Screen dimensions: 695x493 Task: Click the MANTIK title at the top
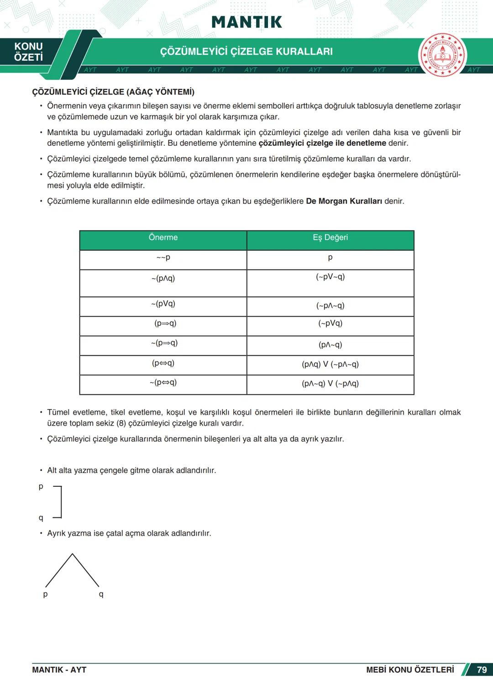(x=246, y=22)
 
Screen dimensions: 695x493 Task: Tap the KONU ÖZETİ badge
(x=28, y=52)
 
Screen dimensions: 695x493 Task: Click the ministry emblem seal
(x=442, y=55)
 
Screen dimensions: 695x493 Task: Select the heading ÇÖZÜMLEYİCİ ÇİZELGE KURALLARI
(x=246, y=52)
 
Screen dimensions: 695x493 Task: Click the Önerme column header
(x=163, y=237)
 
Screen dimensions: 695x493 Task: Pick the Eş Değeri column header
(x=330, y=237)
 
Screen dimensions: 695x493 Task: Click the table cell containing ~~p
(x=163, y=258)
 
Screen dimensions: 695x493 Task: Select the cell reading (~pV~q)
(x=330, y=277)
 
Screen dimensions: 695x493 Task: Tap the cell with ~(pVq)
(x=163, y=304)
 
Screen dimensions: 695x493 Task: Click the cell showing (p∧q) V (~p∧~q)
(x=330, y=364)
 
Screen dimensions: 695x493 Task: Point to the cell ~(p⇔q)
(x=163, y=383)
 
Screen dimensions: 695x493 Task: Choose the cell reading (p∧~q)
(x=330, y=345)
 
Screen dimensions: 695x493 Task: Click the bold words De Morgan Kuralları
(x=344, y=201)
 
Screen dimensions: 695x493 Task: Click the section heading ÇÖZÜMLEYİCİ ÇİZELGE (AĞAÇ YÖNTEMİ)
(x=113, y=92)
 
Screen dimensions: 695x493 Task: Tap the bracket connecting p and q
(x=60, y=502)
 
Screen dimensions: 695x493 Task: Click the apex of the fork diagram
(x=72, y=554)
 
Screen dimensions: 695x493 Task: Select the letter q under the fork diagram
(x=101, y=594)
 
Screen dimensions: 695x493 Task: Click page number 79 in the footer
(x=482, y=670)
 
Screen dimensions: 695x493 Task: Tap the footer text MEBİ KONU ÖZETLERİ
(x=409, y=670)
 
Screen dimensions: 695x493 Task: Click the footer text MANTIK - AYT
(x=59, y=670)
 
